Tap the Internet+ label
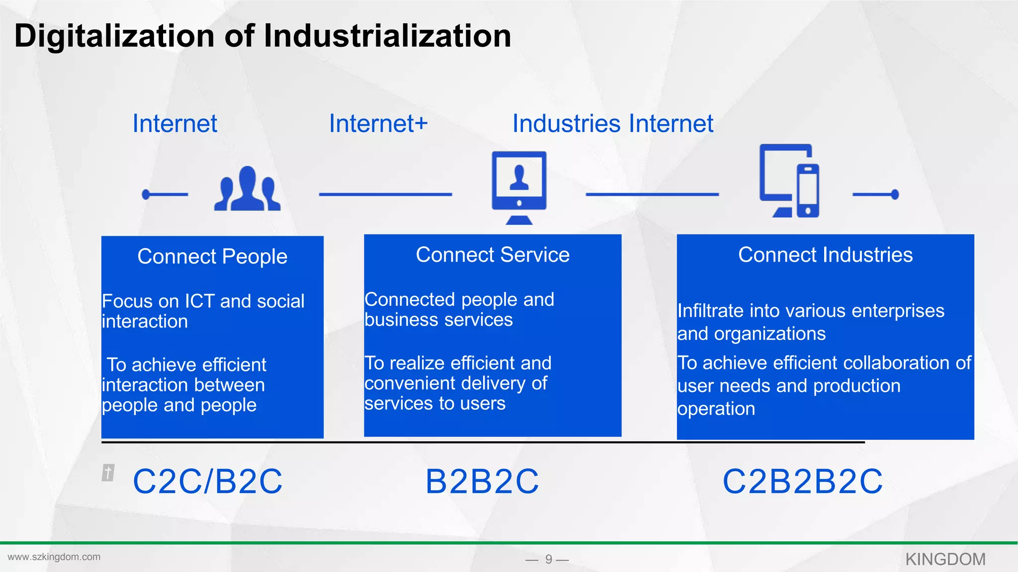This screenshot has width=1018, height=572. click(x=378, y=123)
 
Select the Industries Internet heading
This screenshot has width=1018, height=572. click(x=613, y=123)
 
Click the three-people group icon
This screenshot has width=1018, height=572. click(x=248, y=190)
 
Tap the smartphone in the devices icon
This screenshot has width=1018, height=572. click(x=808, y=191)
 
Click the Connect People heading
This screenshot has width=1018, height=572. click(x=212, y=256)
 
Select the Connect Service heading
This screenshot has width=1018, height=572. click(x=493, y=255)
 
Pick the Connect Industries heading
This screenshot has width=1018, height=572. click(x=825, y=255)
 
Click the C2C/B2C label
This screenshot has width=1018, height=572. click(x=208, y=481)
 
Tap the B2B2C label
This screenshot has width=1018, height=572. click(x=482, y=481)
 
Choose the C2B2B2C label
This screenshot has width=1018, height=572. click(x=802, y=481)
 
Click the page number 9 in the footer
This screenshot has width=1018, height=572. click(x=548, y=559)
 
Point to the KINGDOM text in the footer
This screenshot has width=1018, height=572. click(x=945, y=559)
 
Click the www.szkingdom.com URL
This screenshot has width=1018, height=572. click(x=54, y=557)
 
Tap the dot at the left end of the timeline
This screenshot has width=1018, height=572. click(x=146, y=194)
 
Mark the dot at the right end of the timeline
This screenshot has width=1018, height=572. click(x=895, y=194)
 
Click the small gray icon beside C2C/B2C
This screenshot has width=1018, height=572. click(x=108, y=472)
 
